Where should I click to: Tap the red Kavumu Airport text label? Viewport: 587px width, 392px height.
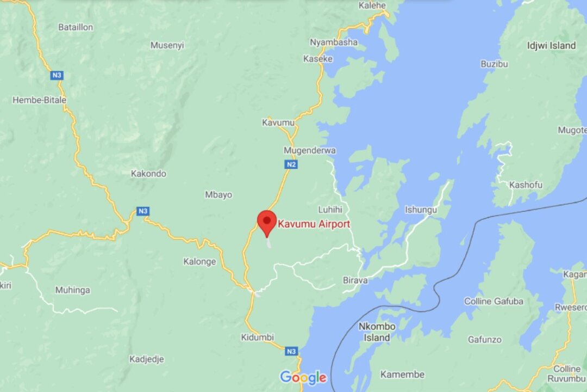pos(314,224)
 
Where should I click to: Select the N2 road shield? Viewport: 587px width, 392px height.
pos(291,164)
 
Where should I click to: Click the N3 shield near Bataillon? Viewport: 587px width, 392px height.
pos(57,76)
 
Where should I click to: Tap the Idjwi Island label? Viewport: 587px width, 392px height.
pos(551,46)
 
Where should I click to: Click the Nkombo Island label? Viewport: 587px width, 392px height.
pos(377,332)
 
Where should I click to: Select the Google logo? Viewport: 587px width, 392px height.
pos(303,377)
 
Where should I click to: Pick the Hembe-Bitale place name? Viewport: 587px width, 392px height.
pos(39,100)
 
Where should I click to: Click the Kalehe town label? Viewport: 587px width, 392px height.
pos(372,6)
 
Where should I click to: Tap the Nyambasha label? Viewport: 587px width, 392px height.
pos(334,42)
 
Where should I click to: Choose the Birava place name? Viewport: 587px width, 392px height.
pos(355,280)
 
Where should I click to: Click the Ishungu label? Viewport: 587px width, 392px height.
pos(421,210)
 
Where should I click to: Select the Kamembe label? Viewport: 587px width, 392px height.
pos(402,375)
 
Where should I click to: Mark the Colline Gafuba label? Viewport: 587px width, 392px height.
pos(494,301)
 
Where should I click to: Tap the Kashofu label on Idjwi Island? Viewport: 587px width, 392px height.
pos(526,185)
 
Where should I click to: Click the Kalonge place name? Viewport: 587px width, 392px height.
pos(199,262)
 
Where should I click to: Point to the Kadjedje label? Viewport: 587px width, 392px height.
pos(146,359)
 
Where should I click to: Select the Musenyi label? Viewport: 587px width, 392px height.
pos(167,45)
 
